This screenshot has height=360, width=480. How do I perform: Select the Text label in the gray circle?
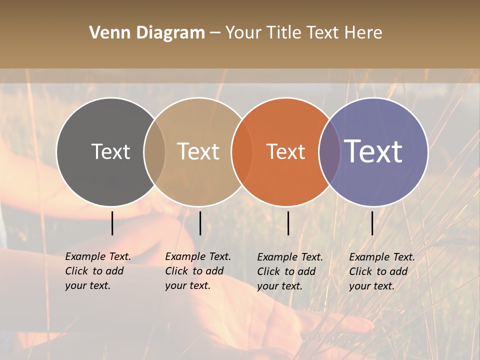click(x=110, y=151)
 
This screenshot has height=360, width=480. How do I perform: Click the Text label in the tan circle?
click(x=198, y=151)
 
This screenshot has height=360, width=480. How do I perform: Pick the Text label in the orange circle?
click(x=285, y=151)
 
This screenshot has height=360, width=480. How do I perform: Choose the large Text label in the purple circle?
click(x=373, y=151)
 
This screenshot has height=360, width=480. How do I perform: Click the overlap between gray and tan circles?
click(x=154, y=151)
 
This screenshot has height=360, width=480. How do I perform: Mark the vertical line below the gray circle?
click(x=112, y=223)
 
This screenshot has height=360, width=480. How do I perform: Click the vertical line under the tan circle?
click(x=200, y=223)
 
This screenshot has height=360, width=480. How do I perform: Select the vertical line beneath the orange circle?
click(x=288, y=223)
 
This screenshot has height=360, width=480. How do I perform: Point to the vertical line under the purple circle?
click(x=372, y=223)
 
